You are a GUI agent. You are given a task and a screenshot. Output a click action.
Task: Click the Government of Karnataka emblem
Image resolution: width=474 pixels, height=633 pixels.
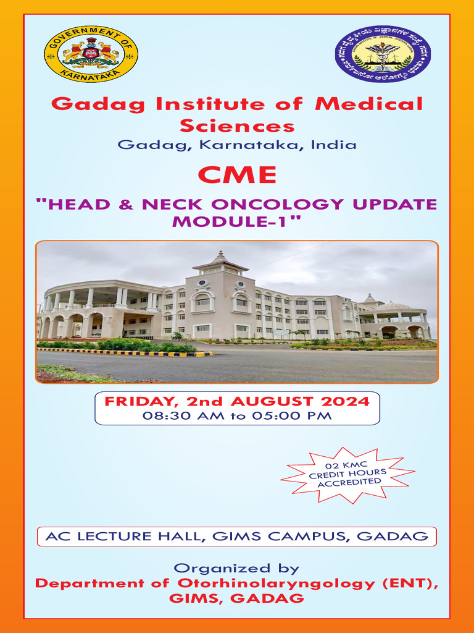point(91,54)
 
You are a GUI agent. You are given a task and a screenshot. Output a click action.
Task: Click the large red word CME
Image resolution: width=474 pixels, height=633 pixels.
point(237,175)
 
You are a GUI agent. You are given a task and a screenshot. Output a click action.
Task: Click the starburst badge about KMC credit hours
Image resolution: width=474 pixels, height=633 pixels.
point(347,475)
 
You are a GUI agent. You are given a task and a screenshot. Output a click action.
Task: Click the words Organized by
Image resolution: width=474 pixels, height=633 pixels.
point(236,568)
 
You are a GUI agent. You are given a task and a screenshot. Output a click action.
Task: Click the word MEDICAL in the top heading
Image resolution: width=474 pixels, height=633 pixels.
point(369,104)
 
